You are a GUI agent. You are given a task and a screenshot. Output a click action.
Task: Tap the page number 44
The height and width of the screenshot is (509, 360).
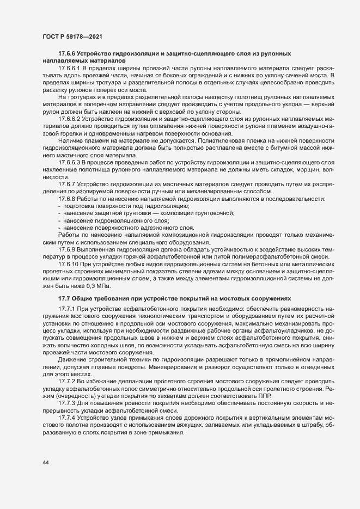pos(45,463)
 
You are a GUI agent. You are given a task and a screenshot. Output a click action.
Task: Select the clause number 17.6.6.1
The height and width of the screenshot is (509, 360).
pos(69,68)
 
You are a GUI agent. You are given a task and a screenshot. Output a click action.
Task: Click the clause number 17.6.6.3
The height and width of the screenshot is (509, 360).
pos(69,162)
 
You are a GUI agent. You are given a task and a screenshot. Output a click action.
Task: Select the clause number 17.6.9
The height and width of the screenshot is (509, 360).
pos(66,249)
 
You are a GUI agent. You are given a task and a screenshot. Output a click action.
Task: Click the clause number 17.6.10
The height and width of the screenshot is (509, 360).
pos(68,264)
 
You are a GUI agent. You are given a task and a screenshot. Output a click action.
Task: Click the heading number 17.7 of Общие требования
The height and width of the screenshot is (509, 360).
pos(64,299)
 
